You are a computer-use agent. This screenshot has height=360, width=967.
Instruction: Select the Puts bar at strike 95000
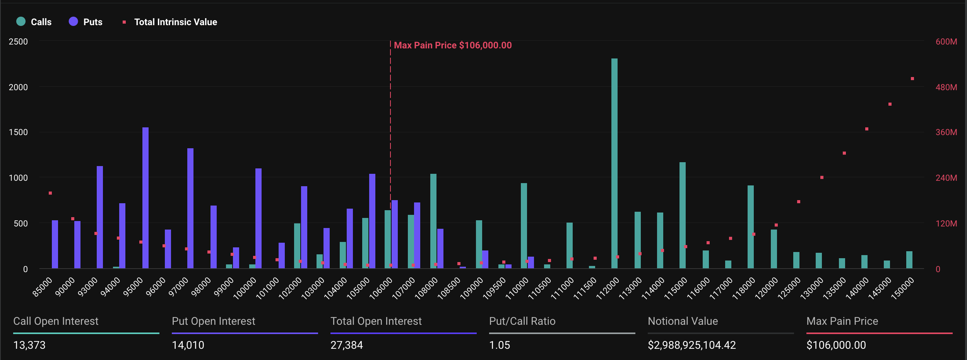pos(145,198)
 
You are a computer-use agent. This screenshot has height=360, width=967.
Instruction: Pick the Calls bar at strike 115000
pos(682,215)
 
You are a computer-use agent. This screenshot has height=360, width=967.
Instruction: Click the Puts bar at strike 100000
pos(258,218)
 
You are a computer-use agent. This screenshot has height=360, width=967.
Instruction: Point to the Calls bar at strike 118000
pos(750,227)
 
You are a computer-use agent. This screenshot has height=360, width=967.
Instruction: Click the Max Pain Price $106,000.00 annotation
pos(452,45)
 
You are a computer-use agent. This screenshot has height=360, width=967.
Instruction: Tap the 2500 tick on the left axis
pos(18,41)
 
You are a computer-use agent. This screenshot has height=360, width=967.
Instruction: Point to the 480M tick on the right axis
pos(946,87)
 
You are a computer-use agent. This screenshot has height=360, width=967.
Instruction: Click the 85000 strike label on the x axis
pos(42,287)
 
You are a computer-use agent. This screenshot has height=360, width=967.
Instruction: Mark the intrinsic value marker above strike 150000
pos(912,79)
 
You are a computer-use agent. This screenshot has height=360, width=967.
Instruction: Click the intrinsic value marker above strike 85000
pos(50,193)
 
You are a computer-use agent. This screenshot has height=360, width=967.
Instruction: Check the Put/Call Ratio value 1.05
pos(500,345)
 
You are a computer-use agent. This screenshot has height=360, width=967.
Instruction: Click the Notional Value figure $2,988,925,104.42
pos(692,345)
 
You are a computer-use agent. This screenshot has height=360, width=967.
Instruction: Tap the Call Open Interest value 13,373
pos(29,345)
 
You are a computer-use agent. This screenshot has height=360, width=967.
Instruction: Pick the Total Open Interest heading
pos(376,321)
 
